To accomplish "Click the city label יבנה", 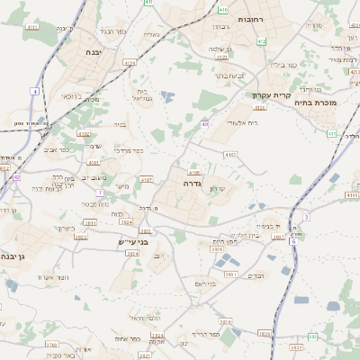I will tap(92, 53).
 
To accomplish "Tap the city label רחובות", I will tap(249, 19).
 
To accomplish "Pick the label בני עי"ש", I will tap(132, 242).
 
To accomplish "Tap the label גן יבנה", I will tap(15, 257).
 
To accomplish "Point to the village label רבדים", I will tap(256, 276).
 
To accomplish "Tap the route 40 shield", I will tap(205, 124).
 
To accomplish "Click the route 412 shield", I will tap(261, 41).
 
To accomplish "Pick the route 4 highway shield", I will tap(34, 92).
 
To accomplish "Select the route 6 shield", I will tap(292, 241).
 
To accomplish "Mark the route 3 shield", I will tap(305, 217).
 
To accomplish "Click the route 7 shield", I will tap(99, 193).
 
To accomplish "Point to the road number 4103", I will tap(229, 155).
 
